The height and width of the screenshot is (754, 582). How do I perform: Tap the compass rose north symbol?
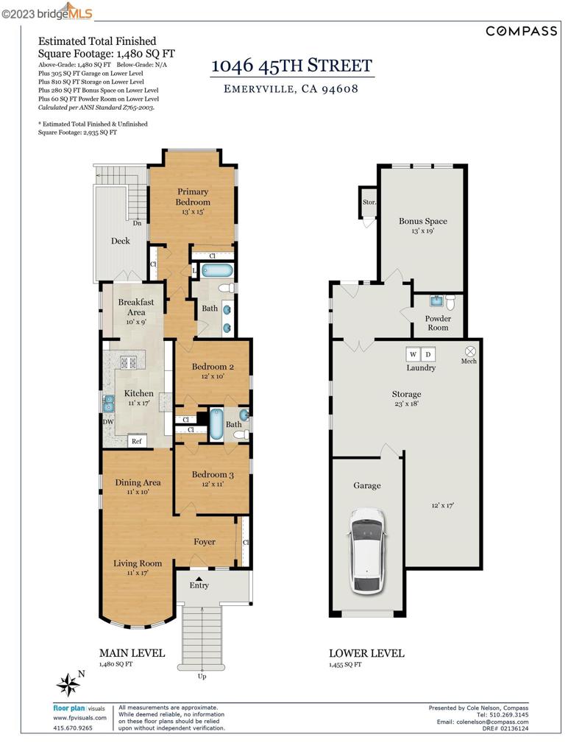69,685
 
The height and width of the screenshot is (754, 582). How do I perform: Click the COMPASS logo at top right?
521,30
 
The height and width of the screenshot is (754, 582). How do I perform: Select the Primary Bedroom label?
193,197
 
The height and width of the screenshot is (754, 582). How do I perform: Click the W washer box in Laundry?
412,353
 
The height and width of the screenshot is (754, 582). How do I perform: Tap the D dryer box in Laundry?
429,353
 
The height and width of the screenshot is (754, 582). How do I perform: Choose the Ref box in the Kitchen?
136,441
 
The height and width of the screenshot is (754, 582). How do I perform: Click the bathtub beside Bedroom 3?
216,424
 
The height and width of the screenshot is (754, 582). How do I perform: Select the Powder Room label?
438,323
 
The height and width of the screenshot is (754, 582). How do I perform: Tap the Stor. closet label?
369,202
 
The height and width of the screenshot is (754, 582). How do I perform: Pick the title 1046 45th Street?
292,65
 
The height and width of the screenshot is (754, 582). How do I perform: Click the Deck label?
120,241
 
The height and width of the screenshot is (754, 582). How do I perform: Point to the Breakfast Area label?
136,307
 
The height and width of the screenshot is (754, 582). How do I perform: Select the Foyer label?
204,542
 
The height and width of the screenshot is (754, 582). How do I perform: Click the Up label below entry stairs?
202,676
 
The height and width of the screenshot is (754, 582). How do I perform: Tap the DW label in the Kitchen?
108,422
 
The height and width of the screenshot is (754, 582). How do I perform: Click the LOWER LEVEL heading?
366,653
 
